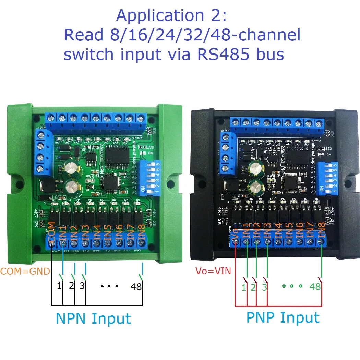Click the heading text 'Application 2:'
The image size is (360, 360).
click(x=171, y=16)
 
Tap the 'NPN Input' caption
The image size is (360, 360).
click(x=93, y=319)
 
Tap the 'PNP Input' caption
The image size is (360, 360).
click(x=283, y=318)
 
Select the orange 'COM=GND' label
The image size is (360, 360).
click(x=25, y=272)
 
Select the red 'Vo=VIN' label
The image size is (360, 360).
click(x=213, y=271)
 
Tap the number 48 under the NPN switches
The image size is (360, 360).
click(x=136, y=286)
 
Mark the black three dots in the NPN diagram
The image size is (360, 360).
click(x=109, y=286)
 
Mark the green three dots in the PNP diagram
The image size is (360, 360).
click(x=291, y=286)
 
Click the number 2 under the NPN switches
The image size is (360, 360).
click(x=71, y=286)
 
